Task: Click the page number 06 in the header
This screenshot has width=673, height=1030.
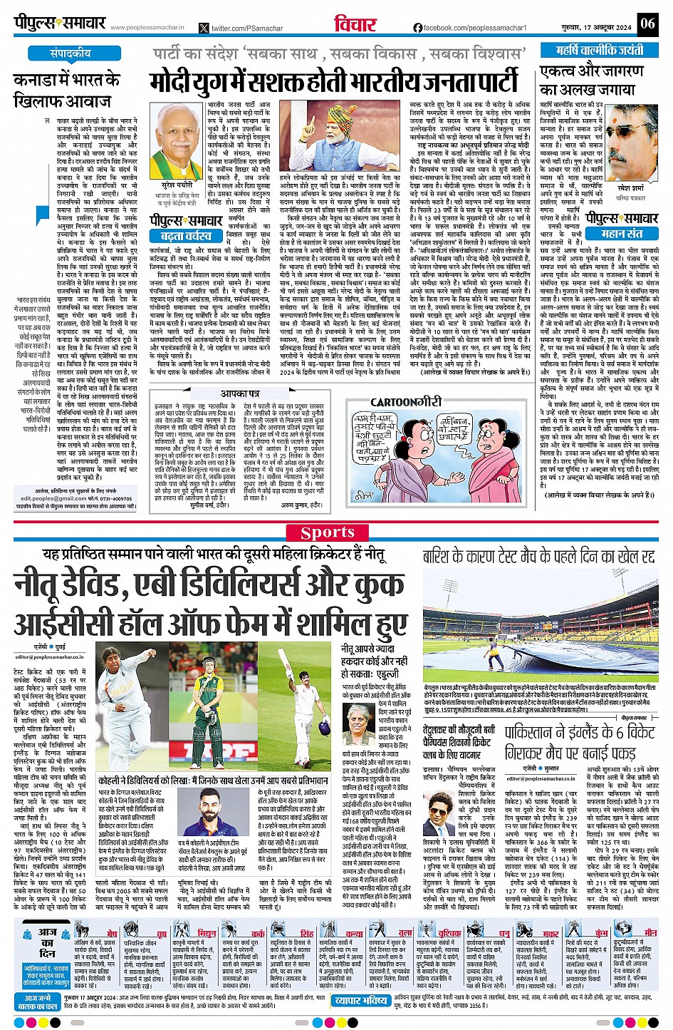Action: [x=647, y=23]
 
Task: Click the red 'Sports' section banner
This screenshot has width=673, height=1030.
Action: [x=327, y=532]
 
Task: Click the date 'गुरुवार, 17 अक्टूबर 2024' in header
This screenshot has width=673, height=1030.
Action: [x=596, y=24]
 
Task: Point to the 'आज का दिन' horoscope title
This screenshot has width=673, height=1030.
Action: [x=47, y=942]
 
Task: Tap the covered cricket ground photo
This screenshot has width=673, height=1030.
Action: [x=538, y=626]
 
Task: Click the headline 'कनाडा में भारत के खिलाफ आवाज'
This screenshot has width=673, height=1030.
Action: [x=67, y=90]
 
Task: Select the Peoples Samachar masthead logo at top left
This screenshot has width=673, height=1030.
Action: [x=60, y=23]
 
